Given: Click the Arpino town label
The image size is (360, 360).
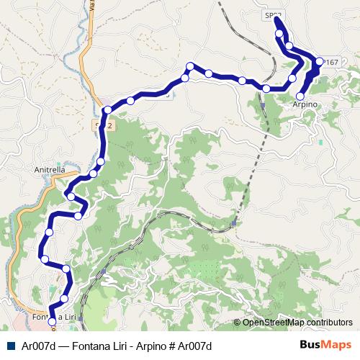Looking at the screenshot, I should [305, 105].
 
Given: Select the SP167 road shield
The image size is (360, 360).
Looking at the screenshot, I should [330, 63].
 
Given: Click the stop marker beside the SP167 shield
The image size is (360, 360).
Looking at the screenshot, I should [320, 62].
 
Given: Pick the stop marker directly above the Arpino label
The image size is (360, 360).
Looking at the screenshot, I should [300, 96].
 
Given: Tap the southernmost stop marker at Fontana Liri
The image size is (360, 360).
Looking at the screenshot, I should [51, 312].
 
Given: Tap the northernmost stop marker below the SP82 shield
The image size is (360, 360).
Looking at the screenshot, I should [279, 33].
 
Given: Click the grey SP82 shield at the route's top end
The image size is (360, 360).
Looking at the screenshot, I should [272, 14].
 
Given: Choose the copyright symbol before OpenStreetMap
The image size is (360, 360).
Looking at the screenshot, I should [237, 323].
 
